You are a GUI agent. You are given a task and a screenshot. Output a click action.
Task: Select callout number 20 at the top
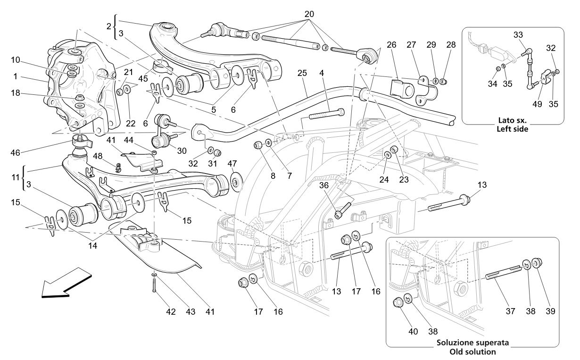[309, 14]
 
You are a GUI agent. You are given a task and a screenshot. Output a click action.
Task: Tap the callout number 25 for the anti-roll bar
[302, 73]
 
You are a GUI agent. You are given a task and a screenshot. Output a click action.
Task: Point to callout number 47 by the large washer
[232, 163]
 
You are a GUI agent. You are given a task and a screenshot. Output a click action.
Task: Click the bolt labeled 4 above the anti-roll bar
[326, 114]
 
